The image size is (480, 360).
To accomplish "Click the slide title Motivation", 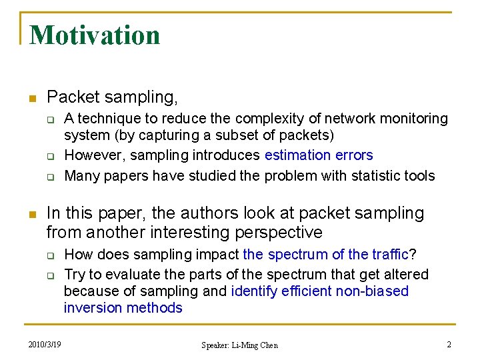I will (x=95, y=35).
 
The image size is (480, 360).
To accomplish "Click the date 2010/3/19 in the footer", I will (x=45, y=345).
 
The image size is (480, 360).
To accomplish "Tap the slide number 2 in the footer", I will (x=449, y=345).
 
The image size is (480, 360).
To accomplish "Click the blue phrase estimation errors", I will (x=319, y=155).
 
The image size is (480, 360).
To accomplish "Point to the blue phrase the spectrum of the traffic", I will (x=325, y=255).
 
